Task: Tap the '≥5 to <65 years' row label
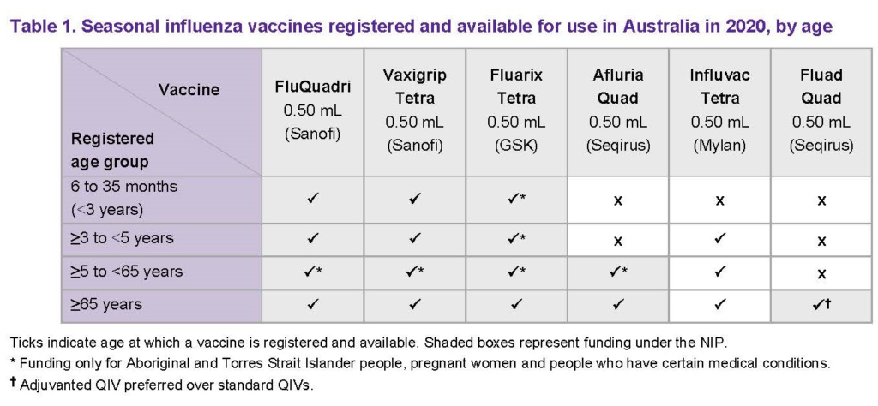click(x=127, y=272)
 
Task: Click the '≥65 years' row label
click(x=105, y=305)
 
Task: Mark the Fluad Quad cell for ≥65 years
click(x=821, y=305)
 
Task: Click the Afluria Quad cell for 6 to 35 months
click(x=617, y=200)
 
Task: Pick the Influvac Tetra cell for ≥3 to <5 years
click(x=719, y=239)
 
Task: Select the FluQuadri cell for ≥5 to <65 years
click(x=312, y=272)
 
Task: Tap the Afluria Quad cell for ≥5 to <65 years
click(x=617, y=272)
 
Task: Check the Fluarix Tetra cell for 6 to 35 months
click(x=516, y=200)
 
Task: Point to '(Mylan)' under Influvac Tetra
click(x=719, y=146)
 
